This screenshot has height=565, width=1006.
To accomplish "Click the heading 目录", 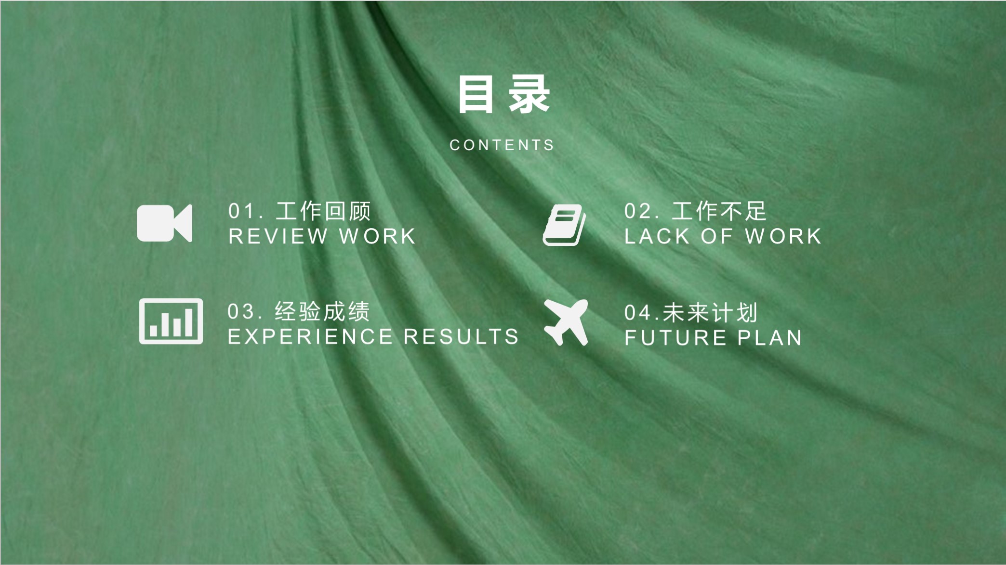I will pyautogui.click(x=503, y=95).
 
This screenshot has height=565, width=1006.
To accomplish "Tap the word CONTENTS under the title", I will pyautogui.click(x=502, y=145).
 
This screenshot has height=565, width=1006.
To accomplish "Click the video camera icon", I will pyautogui.click(x=164, y=223).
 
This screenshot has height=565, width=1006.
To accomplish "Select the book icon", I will pyautogui.click(x=564, y=225).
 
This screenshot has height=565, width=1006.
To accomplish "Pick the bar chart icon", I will pyautogui.click(x=171, y=321).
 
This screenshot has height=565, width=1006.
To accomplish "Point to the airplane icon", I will pyautogui.click(x=567, y=322).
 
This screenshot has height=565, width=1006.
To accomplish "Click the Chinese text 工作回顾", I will pyautogui.click(x=323, y=211).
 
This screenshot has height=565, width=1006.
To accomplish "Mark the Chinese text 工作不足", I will pyautogui.click(x=719, y=211).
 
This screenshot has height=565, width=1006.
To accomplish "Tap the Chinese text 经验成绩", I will pyautogui.click(x=322, y=311).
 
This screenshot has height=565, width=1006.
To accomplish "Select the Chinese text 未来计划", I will pyautogui.click(x=710, y=313).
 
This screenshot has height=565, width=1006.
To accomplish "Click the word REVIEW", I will pyautogui.click(x=278, y=236).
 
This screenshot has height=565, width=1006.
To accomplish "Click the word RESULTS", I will pyautogui.click(x=461, y=336).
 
